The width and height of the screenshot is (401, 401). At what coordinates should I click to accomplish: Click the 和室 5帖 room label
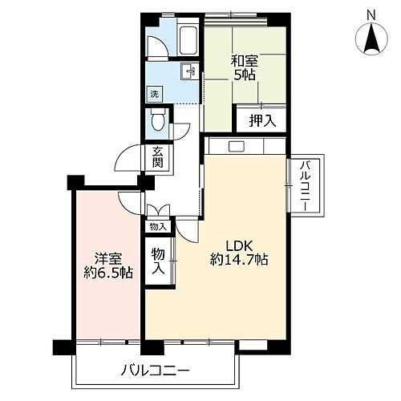point(243,66)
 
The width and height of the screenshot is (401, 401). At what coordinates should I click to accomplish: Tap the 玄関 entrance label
point(158,158)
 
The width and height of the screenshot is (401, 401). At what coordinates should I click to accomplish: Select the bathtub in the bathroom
point(188,39)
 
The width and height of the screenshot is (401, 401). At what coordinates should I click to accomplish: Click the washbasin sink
point(190,71)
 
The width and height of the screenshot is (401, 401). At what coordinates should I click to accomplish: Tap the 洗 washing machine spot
point(155,94)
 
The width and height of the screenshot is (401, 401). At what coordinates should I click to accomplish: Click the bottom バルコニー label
point(156,371)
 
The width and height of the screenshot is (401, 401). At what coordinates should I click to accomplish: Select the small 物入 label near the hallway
point(157,227)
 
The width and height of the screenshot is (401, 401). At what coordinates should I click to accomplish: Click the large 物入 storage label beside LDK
point(159,261)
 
